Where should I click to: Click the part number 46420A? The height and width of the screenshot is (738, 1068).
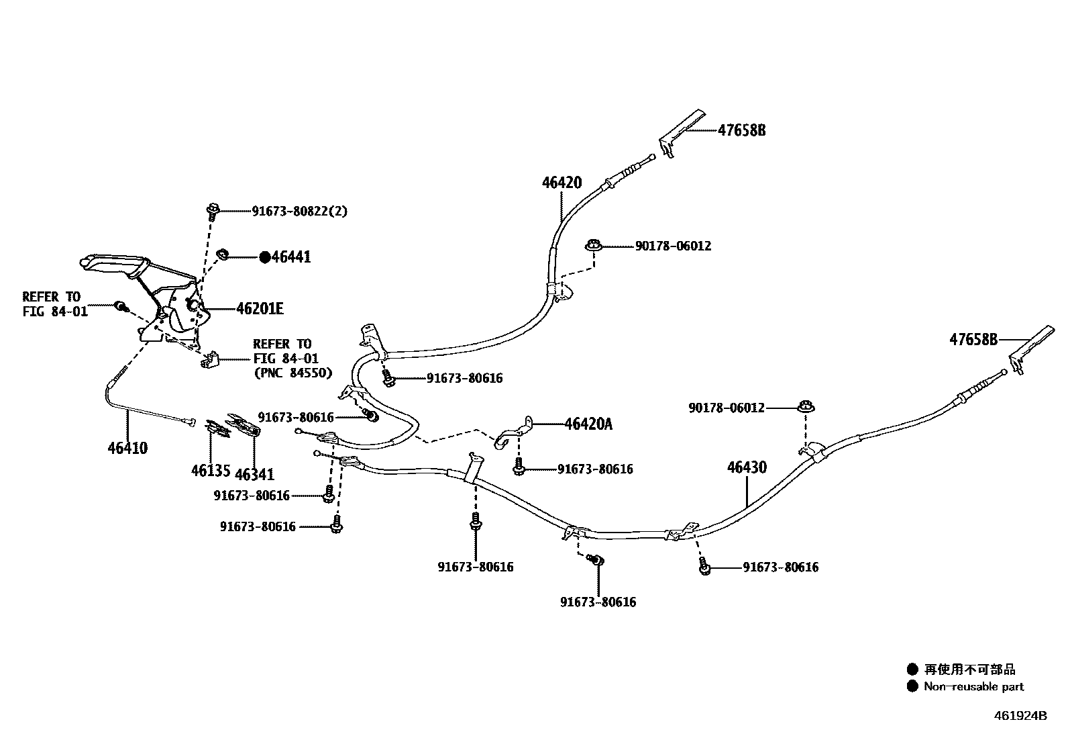tap(588, 424)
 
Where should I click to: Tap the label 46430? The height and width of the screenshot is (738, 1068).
tap(747, 467)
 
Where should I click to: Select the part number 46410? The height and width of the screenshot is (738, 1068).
tap(127, 449)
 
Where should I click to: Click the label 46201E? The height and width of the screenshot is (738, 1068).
tap(260, 309)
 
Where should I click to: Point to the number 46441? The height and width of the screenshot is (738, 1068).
tap(291, 257)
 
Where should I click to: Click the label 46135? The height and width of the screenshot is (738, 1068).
tap(211, 471)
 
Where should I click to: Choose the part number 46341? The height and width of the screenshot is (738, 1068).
tap(255, 475)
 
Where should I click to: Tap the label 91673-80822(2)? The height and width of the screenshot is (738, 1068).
tap(299, 211)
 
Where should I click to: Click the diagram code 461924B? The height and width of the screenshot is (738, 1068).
tap(1020, 716)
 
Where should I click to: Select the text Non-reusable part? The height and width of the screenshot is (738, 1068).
tap(973, 686)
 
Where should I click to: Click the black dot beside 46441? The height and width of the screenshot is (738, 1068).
tap(265, 257)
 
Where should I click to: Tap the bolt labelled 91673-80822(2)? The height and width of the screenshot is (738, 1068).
tap(213, 212)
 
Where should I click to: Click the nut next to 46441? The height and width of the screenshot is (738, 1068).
tap(222, 254)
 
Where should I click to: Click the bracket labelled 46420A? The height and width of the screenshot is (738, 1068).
tap(513, 433)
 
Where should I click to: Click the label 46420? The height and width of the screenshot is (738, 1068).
tap(562, 183)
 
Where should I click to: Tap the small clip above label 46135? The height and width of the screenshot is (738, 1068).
tap(217, 428)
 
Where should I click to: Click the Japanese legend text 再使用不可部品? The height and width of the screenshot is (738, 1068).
tap(970, 670)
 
